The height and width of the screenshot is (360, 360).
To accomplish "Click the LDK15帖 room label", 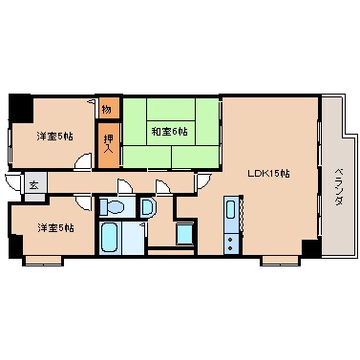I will (268, 174).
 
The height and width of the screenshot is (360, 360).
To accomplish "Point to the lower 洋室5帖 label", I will (54, 227).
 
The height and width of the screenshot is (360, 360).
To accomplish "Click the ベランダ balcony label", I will (338, 178).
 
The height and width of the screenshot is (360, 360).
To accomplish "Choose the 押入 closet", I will (109, 141).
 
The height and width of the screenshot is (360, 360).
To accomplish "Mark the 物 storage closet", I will (108, 109).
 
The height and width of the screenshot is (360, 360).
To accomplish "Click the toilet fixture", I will (114, 207).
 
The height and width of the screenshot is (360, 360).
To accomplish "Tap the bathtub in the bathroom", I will (110, 237).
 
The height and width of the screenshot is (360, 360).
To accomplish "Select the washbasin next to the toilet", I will (146, 206).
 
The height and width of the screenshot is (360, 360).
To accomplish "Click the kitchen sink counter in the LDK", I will (230, 225).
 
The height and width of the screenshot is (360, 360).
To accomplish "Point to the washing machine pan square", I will (185, 233).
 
